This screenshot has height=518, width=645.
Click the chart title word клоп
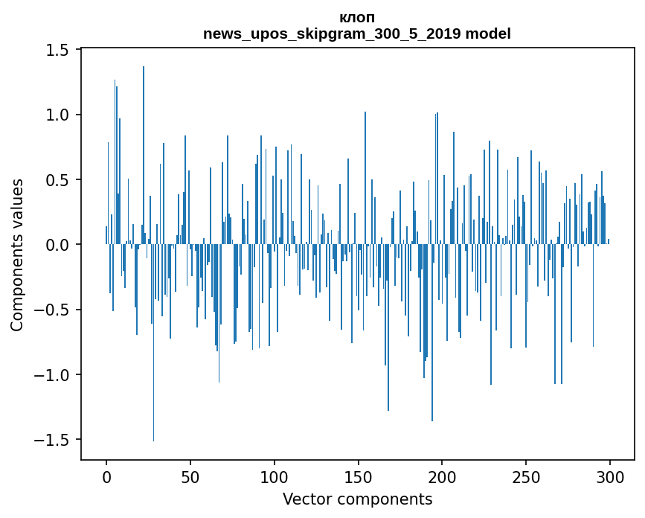357,17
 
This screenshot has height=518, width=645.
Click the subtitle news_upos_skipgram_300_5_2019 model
357,33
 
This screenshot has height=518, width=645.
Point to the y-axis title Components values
17,255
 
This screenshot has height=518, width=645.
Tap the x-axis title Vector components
357,499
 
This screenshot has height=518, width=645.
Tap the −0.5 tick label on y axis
52,310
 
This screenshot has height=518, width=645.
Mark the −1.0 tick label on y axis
52,374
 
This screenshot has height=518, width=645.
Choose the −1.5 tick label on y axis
52,439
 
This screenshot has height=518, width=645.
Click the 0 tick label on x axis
106,476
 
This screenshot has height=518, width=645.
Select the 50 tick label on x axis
190,476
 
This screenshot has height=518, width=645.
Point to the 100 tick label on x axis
275,476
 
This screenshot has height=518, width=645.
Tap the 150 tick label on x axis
359,476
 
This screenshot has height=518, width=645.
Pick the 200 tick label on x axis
443,476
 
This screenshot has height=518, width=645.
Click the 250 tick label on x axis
526,476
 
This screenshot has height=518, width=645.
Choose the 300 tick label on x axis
610,476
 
